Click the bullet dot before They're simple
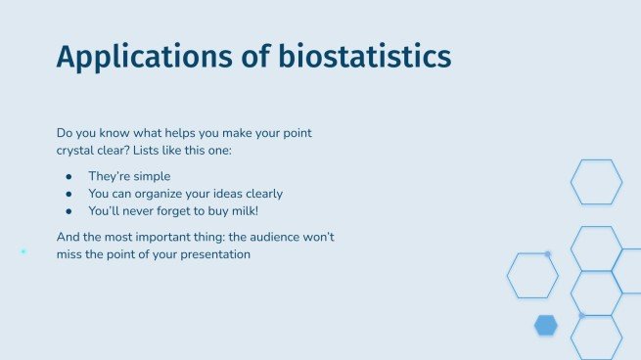tap(69, 176)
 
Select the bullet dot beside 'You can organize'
tap(69, 193)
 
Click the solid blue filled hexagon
tap(546, 326)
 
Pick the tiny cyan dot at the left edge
tap(23, 251)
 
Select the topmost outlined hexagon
tap(596, 182)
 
